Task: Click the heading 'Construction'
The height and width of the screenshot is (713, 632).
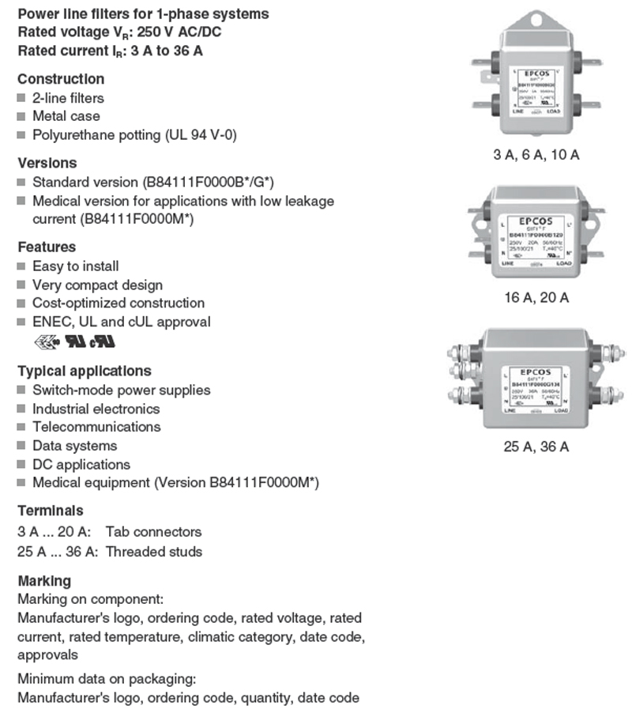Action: (x=61, y=79)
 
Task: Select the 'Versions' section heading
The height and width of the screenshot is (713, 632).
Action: (x=47, y=163)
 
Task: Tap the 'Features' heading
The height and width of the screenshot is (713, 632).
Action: (x=47, y=247)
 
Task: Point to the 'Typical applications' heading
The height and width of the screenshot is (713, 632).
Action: (x=85, y=371)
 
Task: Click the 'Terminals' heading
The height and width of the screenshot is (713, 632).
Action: (x=50, y=511)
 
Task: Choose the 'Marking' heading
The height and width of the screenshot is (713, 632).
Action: (x=44, y=581)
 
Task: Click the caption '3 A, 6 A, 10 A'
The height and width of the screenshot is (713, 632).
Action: (x=536, y=155)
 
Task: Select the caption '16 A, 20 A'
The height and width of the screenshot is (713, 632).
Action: (x=536, y=297)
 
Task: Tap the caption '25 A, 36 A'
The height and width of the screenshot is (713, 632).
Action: (x=536, y=447)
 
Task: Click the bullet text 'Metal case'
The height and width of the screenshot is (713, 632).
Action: (x=66, y=116)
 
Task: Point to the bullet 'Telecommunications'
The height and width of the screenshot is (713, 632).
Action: (x=96, y=427)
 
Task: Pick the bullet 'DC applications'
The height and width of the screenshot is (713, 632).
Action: (x=81, y=465)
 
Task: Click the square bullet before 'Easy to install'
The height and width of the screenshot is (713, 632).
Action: (x=21, y=266)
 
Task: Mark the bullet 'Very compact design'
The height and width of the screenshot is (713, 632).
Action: (x=97, y=285)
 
